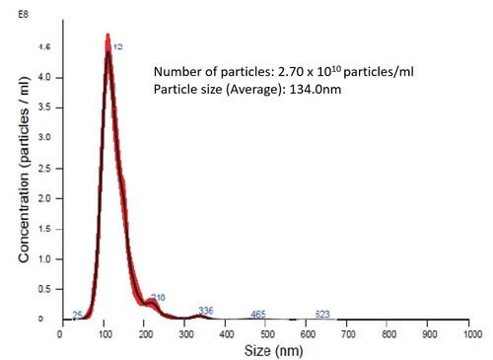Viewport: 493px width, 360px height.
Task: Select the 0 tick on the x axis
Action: pyautogui.click(x=61, y=333)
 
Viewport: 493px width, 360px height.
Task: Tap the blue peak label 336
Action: pyautogui.click(x=206, y=311)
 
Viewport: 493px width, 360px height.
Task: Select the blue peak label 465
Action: pyautogui.click(x=258, y=315)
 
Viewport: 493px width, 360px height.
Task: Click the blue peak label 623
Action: pyautogui.click(x=322, y=315)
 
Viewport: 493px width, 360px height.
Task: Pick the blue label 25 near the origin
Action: pyautogui.click(x=77, y=316)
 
